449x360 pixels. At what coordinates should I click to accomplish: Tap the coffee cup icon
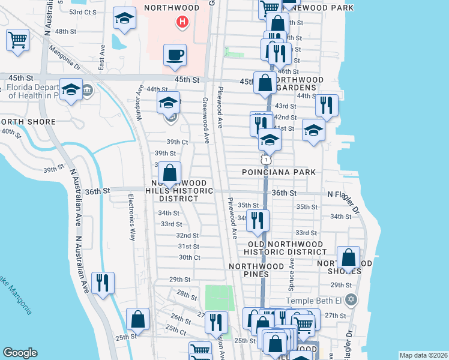(175, 55)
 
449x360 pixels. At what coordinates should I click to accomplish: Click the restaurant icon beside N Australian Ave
(103, 283)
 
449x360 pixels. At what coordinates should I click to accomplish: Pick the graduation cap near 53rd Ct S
(125, 19)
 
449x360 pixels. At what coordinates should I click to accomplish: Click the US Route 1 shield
(265, 160)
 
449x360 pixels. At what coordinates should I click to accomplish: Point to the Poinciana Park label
(279, 172)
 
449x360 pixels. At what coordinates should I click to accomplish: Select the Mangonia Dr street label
(65, 58)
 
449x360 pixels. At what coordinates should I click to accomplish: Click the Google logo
(20, 353)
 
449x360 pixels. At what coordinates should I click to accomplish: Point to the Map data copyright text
(423, 355)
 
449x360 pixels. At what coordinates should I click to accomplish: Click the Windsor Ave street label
(140, 103)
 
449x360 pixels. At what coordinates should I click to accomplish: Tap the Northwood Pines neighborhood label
(256, 270)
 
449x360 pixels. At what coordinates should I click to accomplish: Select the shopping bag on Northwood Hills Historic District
(170, 173)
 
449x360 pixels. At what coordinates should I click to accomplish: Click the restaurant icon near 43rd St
(327, 106)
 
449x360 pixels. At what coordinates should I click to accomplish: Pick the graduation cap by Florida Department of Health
(71, 91)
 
